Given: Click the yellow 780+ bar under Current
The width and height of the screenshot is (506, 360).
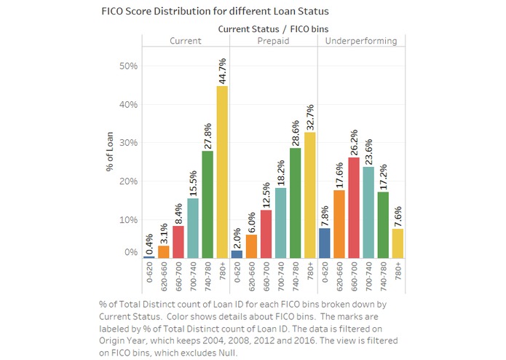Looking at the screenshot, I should (222, 172).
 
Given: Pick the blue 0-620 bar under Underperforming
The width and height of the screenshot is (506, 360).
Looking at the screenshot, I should (324, 243).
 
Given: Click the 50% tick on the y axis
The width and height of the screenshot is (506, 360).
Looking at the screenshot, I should (129, 66).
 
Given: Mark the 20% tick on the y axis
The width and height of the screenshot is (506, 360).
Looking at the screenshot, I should (129, 181).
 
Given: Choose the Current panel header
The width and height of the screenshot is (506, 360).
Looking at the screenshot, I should (186, 41).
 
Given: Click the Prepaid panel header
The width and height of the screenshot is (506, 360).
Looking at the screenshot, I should (274, 41).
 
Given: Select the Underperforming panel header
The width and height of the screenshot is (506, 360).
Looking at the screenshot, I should (361, 41).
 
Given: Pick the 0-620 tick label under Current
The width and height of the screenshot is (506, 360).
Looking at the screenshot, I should (149, 275).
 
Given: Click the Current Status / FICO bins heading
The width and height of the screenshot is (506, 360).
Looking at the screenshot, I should (273, 28).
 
